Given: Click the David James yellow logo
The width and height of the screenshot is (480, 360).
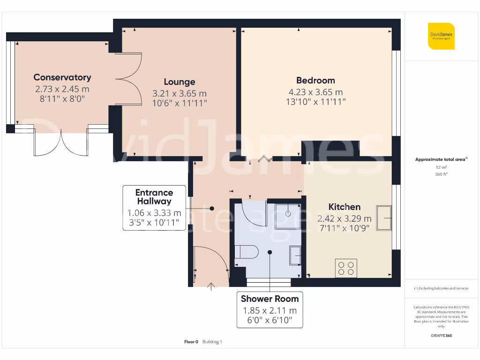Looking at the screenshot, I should tap(441, 36).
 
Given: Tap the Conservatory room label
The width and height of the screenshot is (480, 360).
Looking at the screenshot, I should tap(62, 77).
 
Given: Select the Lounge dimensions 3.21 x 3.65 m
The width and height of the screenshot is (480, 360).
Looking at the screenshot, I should tap(180, 93).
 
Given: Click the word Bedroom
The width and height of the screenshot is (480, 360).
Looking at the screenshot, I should tap(315, 80).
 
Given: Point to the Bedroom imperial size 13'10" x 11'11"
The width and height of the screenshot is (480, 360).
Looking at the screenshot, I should tap(315, 101).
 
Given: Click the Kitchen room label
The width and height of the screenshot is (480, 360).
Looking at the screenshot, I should tap(344, 207).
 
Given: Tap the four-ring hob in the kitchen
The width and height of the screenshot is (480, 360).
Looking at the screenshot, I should tap(346, 268).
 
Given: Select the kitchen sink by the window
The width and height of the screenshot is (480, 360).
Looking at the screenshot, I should tap(384, 218).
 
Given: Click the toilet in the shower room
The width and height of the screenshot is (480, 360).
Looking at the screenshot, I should tap(246, 252).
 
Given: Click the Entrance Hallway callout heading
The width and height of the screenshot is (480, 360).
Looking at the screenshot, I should tap(154, 197).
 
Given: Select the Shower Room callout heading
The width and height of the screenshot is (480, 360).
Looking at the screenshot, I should tap(270, 299).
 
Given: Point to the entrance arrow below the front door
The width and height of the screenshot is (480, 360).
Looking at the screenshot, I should tap(211, 286).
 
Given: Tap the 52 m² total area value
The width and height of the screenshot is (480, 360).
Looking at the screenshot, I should tap(441, 167).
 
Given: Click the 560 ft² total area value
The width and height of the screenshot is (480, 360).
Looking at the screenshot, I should tap(441, 174).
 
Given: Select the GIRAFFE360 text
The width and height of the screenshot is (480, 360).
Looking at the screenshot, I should tap(441, 336).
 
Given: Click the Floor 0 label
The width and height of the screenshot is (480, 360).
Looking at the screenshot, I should tap(191, 342).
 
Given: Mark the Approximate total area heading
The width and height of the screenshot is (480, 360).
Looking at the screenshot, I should tap(441, 159).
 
